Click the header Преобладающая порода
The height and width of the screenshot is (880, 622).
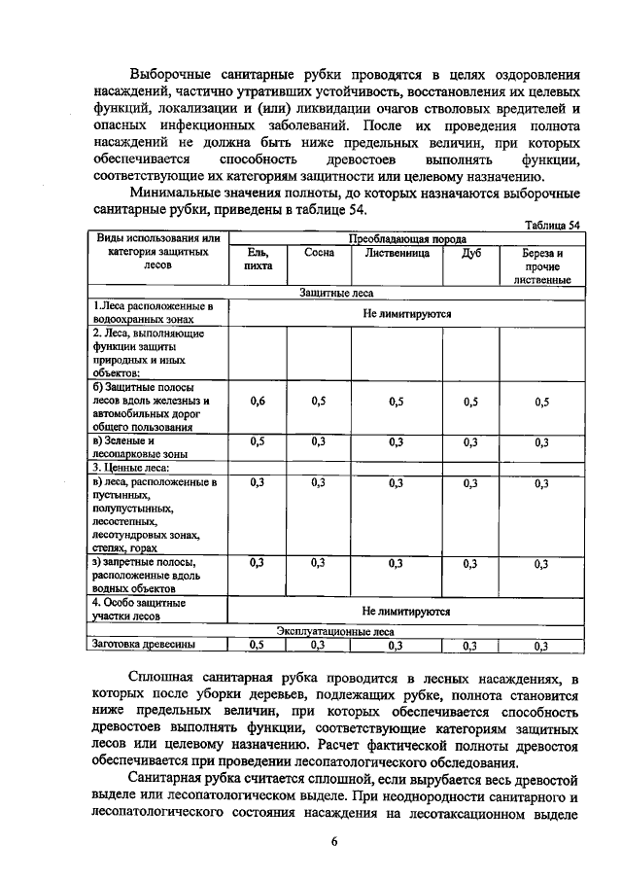click(x=406, y=238)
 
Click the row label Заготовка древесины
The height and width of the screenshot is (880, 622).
click(x=143, y=644)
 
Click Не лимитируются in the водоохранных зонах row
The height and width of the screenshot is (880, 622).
click(x=406, y=313)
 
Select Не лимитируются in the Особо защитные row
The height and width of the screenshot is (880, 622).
click(x=406, y=612)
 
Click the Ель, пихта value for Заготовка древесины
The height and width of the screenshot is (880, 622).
click(x=258, y=644)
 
